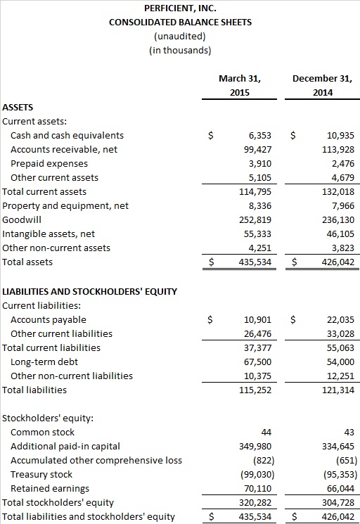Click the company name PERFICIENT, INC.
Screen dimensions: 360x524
pyautogui.click(x=180, y=8)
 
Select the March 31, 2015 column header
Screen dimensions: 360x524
pyautogui.click(x=240, y=85)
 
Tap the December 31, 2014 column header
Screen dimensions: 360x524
pyautogui.click(x=322, y=85)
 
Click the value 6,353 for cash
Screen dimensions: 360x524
pyautogui.click(x=260, y=135)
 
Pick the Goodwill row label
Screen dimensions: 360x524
pyautogui.click(x=22, y=219)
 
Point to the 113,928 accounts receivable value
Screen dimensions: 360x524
pyautogui.click(x=338, y=149)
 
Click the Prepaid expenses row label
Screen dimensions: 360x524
pyautogui.click(x=49, y=163)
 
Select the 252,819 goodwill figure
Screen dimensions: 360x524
pyautogui.click(x=255, y=219)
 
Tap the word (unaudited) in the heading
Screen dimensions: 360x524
pyautogui.click(x=180, y=36)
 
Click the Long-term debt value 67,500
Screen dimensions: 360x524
pyautogui.click(x=257, y=362)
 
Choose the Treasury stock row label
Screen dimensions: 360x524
pyautogui.click(x=41, y=475)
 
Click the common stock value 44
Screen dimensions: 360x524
pyautogui.click(x=266, y=433)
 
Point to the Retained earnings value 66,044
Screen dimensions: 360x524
pyautogui.click(x=340, y=489)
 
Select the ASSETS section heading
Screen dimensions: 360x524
pyautogui.click(x=18, y=108)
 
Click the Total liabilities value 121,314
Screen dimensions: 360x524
pyautogui.click(x=338, y=390)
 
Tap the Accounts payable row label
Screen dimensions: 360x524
pyautogui.click(x=49, y=320)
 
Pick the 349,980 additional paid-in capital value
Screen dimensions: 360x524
pyautogui.click(x=255, y=447)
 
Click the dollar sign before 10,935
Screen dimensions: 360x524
pyautogui.click(x=293, y=135)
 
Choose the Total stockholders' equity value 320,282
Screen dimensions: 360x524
pyautogui.click(x=255, y=503)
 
